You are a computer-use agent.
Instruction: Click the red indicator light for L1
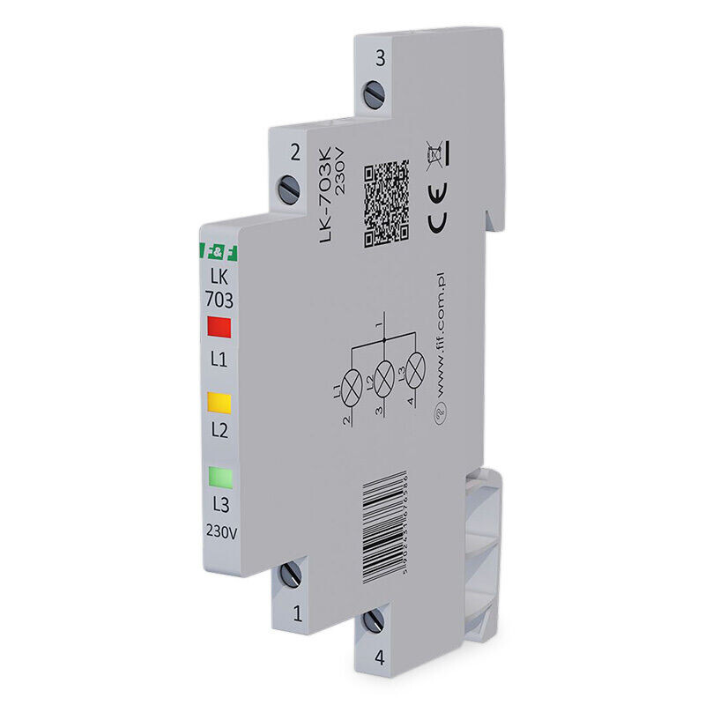click(x=219, y=328)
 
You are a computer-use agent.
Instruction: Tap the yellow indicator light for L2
click(x=219, y=403)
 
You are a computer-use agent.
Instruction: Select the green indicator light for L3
click(x=219, y=479)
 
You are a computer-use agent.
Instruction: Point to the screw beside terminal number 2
click(x=289, y=186)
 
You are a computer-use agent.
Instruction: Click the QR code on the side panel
click(x=387, y=202)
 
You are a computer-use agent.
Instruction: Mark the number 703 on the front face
click(x=219, y=298)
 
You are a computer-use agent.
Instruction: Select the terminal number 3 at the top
click(x=380, y=59)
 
